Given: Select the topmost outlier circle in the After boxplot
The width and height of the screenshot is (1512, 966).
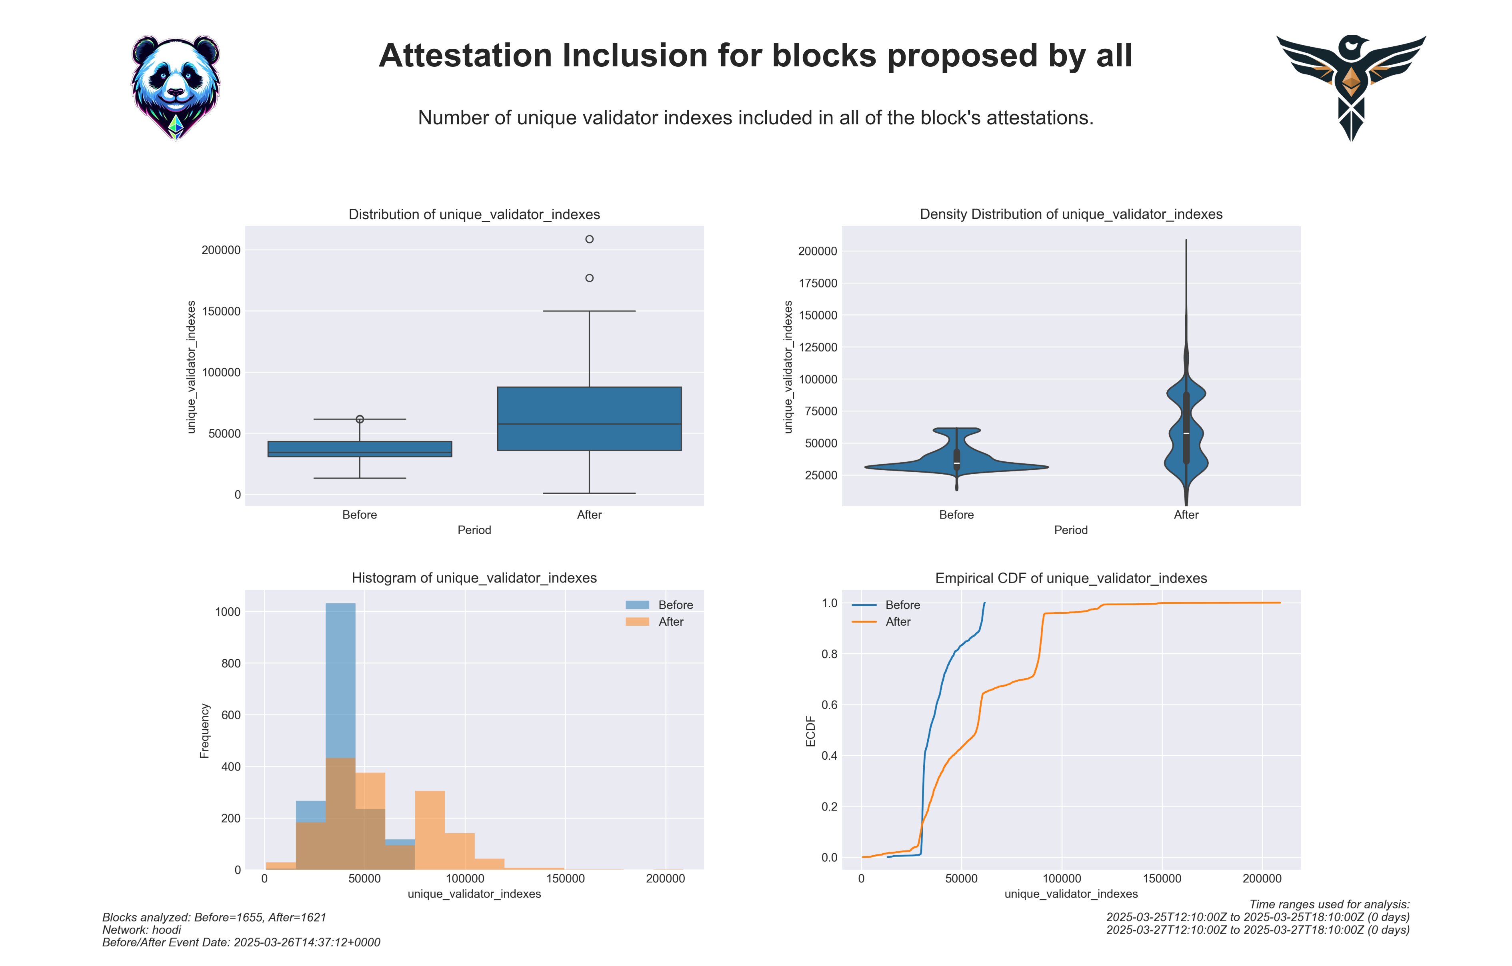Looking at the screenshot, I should [589, 239].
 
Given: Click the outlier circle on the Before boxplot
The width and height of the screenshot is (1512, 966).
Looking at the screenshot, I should [360, 419].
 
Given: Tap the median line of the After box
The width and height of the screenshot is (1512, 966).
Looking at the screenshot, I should [589, 424].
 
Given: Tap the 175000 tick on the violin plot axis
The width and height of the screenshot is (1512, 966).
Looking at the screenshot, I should [818, 283].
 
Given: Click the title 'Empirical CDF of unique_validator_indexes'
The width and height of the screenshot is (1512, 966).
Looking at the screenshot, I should [1070, 578].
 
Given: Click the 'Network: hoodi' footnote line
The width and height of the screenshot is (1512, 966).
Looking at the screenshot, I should [142, 930].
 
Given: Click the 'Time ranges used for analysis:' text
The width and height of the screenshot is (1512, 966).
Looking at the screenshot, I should [1329, 904].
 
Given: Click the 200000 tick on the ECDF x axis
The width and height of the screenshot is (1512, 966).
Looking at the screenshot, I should [1262, 879].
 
